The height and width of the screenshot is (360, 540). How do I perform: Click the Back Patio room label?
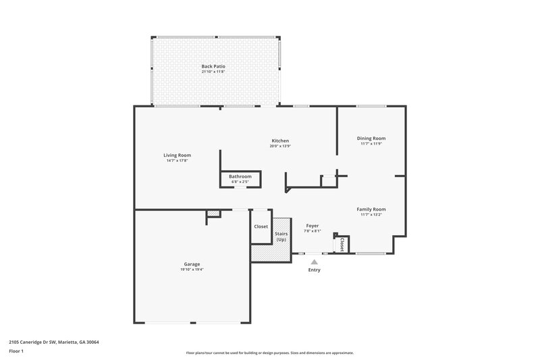[x=213, y=66]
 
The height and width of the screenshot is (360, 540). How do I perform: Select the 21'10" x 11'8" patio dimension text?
[x=213, y=72]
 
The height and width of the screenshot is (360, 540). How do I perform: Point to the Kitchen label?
[x=280, y=140]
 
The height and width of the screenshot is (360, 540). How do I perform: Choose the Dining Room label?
[x=371, y=138]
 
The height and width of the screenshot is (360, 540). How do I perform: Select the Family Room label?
[x=371, y=209]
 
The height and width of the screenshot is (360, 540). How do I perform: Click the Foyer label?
[x=312, y=226]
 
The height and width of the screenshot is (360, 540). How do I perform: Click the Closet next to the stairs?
[x=261, y=227]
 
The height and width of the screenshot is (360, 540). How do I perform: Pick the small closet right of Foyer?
[x=342, y=244]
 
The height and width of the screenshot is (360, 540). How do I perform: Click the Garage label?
[x=192, y=264]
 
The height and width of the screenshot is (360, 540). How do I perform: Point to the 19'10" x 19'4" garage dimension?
[x=192, y=269]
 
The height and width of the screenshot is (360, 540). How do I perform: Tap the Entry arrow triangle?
[x=314, y=261]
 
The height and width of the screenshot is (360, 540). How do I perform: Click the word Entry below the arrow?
[x=315, y=270]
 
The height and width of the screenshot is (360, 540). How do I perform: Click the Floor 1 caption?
[x=17, y=351]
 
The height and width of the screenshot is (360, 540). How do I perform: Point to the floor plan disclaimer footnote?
[x=270, y=353]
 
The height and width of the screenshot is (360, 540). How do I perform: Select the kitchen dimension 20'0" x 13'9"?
[x=280, y=146]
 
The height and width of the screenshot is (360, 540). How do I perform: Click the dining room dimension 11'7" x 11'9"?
[x=371, y=143]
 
